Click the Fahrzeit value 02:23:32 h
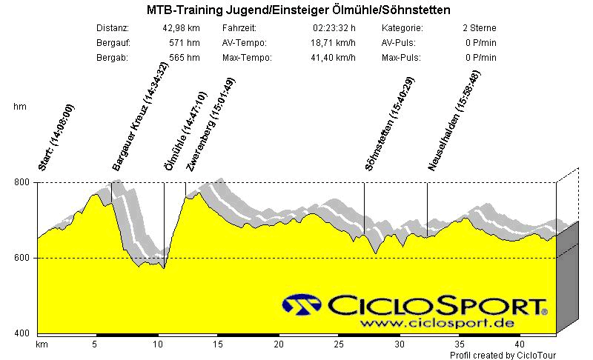coord(335,28)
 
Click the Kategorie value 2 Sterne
coord(478,28)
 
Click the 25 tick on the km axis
coord(339,344)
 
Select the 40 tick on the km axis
coord(520,344)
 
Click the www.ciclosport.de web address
coord(434,324)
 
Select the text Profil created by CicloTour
coord(503,355)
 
